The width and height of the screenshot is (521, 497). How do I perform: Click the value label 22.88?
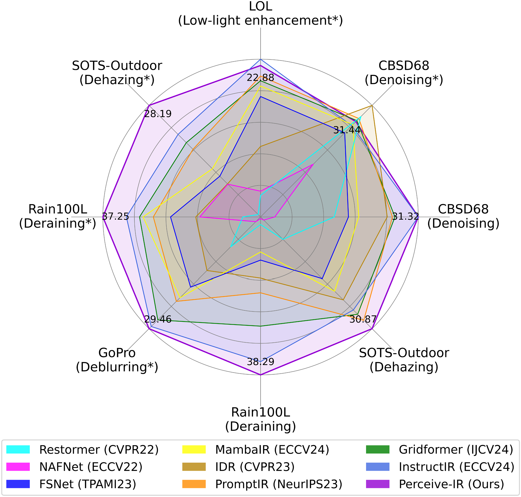pos(260,78)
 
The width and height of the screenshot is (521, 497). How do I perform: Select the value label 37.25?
pos(115,217)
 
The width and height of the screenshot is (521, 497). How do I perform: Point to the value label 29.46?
pos(158,319)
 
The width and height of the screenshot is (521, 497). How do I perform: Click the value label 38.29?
pos(260,362)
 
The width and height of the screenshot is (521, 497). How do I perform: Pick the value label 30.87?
pos(363,320)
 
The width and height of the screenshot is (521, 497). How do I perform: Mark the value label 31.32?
pos(406,217)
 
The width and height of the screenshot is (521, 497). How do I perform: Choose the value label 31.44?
pos(347,130)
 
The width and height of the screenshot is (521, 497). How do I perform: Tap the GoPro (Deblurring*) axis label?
pos(117,360)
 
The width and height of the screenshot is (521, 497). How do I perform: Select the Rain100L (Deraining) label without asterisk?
pos(260,419)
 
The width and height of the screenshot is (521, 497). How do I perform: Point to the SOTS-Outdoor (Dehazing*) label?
pos(117,73)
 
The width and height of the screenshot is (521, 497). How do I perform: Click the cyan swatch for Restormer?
pos(18,449)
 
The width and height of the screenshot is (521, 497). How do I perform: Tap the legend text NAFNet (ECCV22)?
pos(91,467)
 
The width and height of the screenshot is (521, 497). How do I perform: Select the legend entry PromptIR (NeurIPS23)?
pos(279,484)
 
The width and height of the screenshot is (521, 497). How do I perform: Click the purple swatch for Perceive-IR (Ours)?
pos(378,484)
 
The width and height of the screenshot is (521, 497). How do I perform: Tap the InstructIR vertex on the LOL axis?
pos(260,59)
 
